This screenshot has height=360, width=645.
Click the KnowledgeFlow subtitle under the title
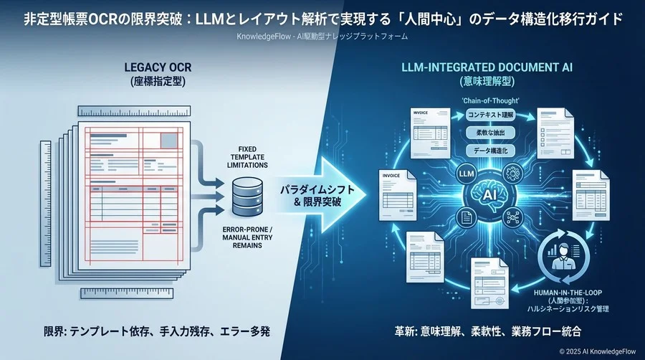322,36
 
